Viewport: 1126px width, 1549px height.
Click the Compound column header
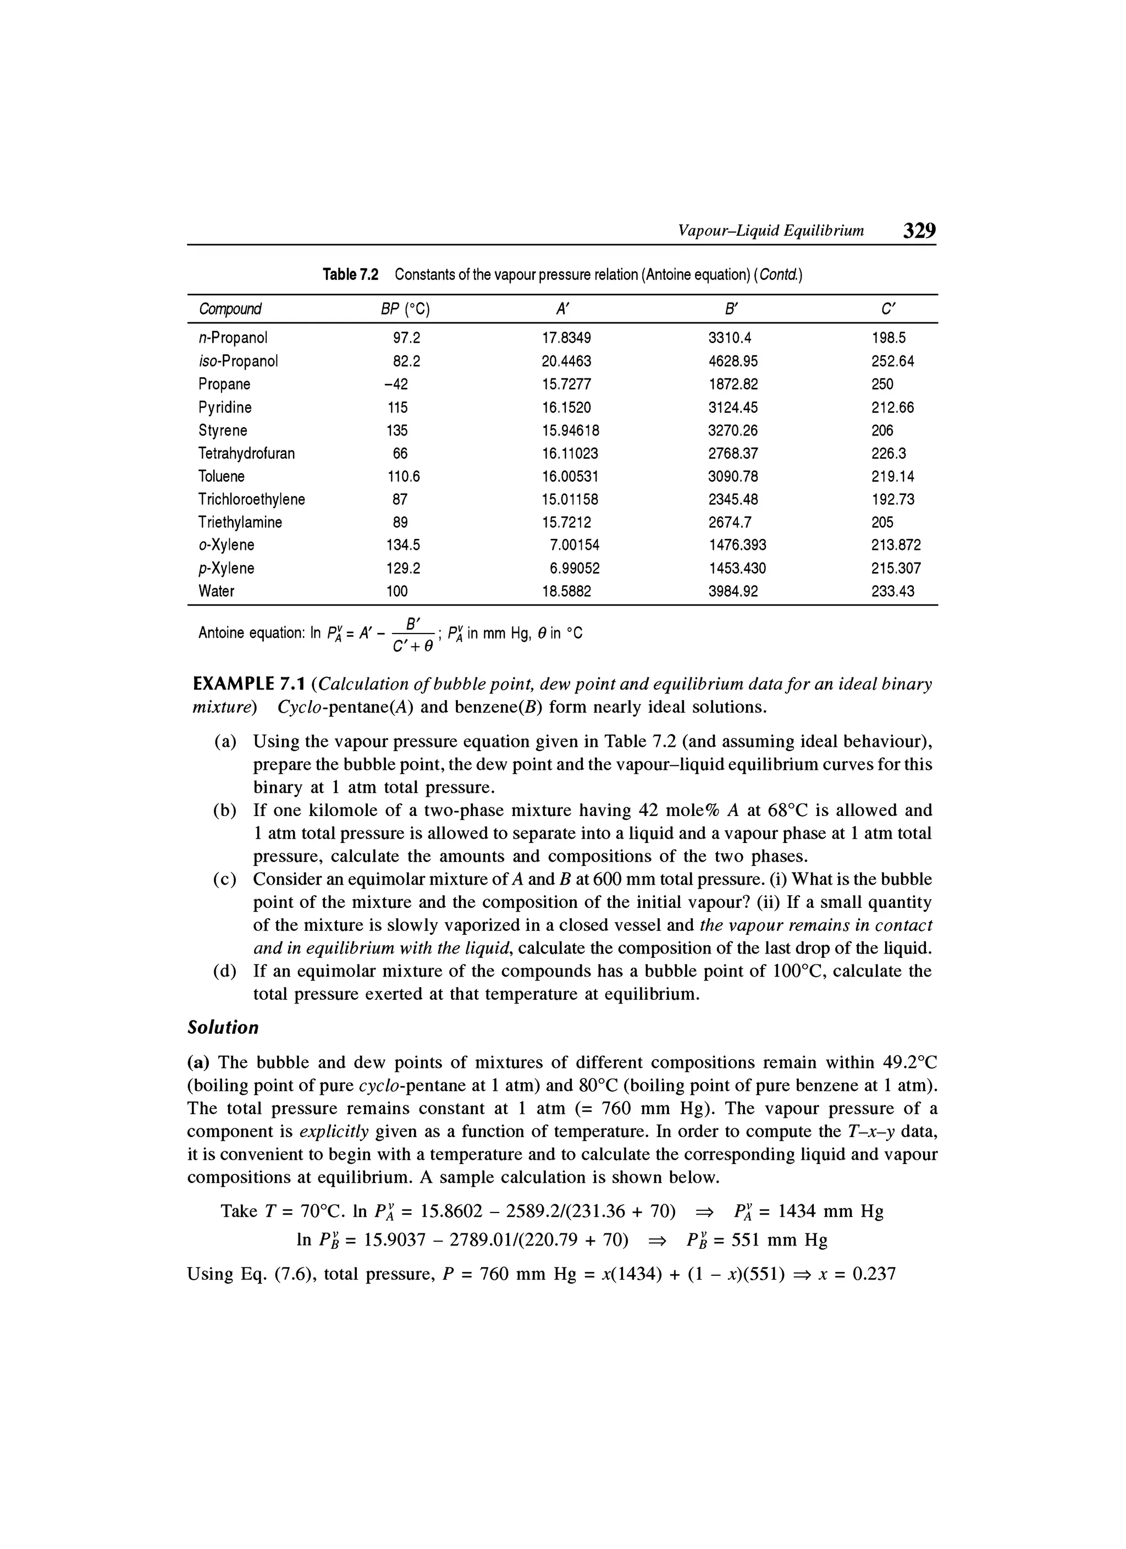(x=230, y=310)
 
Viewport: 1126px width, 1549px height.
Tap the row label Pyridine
(x=225, y=408)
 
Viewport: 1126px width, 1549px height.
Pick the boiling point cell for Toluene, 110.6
(x=404, y=477)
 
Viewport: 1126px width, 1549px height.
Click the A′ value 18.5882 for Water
(x=566, y=592)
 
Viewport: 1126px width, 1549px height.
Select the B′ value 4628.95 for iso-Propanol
(x=733, y=361)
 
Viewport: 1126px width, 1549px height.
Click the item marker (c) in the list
(x=225, y=880)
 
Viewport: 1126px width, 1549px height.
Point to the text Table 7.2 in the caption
(x=350, y=275)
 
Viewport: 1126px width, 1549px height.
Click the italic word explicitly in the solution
(x=334, y=1132)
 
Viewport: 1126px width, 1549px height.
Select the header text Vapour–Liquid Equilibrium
(x=770, y=231)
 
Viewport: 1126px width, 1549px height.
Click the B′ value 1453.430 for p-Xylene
(x=737, y=568)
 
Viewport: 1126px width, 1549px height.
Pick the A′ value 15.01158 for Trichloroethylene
(x=570, y=499)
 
